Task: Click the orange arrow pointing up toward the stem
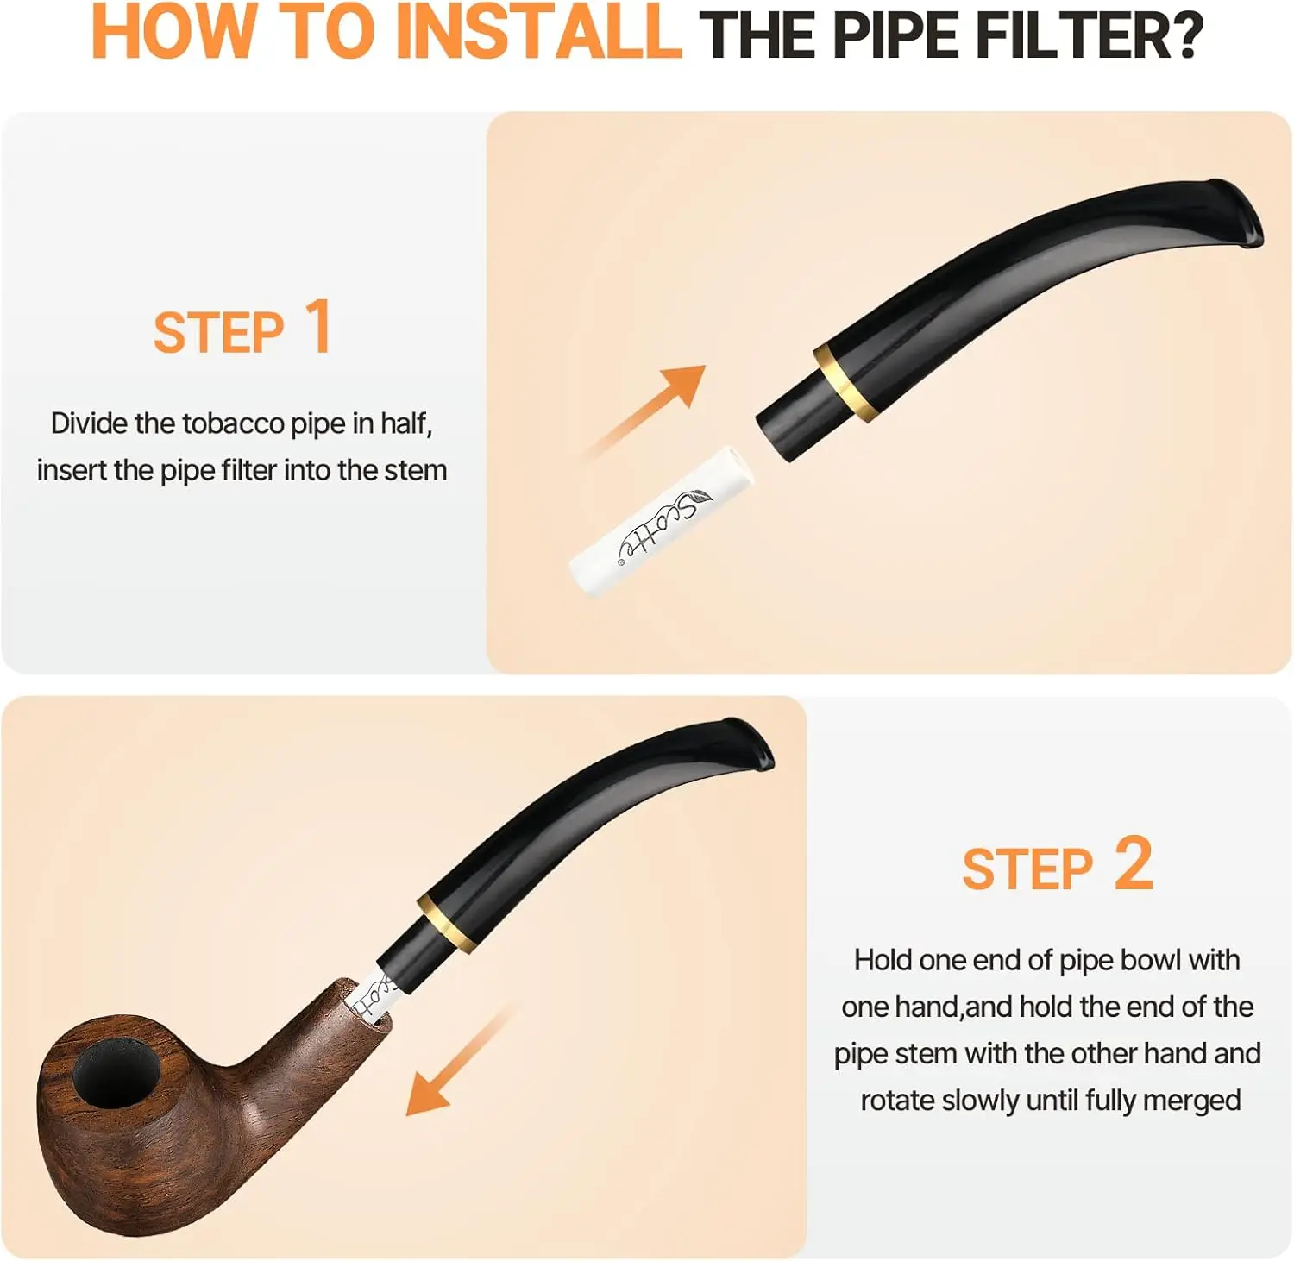(x=643, y=411)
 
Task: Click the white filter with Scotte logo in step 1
(x=661, y=521)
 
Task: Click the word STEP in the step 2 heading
(x=1027, y=869)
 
